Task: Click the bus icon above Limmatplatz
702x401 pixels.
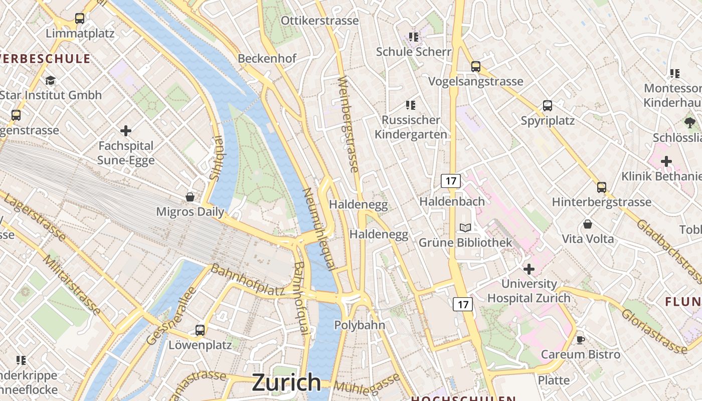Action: pos(79,19)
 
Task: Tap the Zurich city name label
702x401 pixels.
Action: pos(286,382)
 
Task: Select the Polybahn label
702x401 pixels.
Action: pos(360,325)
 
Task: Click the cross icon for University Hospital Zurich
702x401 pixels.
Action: pos(529,269)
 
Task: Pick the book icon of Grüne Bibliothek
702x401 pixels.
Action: pos(465,228)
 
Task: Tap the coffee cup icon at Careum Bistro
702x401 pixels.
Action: pos(580,340)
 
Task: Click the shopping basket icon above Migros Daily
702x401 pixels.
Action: pos(190,196)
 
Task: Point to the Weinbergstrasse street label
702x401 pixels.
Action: pos(349,131)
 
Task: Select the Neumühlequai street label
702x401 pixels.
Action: pos(319,229)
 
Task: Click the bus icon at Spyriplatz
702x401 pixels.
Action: pos(547,106)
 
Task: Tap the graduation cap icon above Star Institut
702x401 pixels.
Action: pos(50,80)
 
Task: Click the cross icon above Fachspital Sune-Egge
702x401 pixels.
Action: pos(126,131)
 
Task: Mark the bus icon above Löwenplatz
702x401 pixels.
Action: pos(200,330)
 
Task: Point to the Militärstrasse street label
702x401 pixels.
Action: pos(72,284)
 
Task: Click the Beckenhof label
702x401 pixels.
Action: pos(267,59)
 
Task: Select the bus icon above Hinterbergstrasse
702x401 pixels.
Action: pos(601,187)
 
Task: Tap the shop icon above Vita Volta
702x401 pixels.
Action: pos(587,224)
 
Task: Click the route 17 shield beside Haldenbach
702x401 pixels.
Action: pos(450,181)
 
